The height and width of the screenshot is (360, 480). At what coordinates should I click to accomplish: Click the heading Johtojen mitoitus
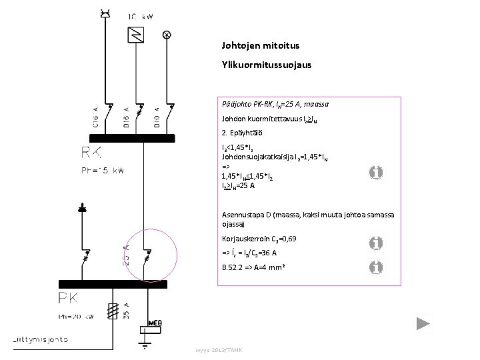(x=261, y=47)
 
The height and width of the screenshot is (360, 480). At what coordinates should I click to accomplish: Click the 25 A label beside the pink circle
(x=126, y=253)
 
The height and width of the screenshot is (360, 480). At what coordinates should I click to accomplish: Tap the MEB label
(x=154, y=321)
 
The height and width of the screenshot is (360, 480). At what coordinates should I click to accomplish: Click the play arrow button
(x=423, y=325)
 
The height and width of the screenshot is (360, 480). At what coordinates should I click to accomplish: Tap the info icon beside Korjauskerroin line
(x=376, y=243)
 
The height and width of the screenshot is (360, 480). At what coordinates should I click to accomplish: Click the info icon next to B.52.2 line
(x=376, y=267)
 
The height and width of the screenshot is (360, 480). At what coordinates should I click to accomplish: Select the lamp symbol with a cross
(x=167, y=33)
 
